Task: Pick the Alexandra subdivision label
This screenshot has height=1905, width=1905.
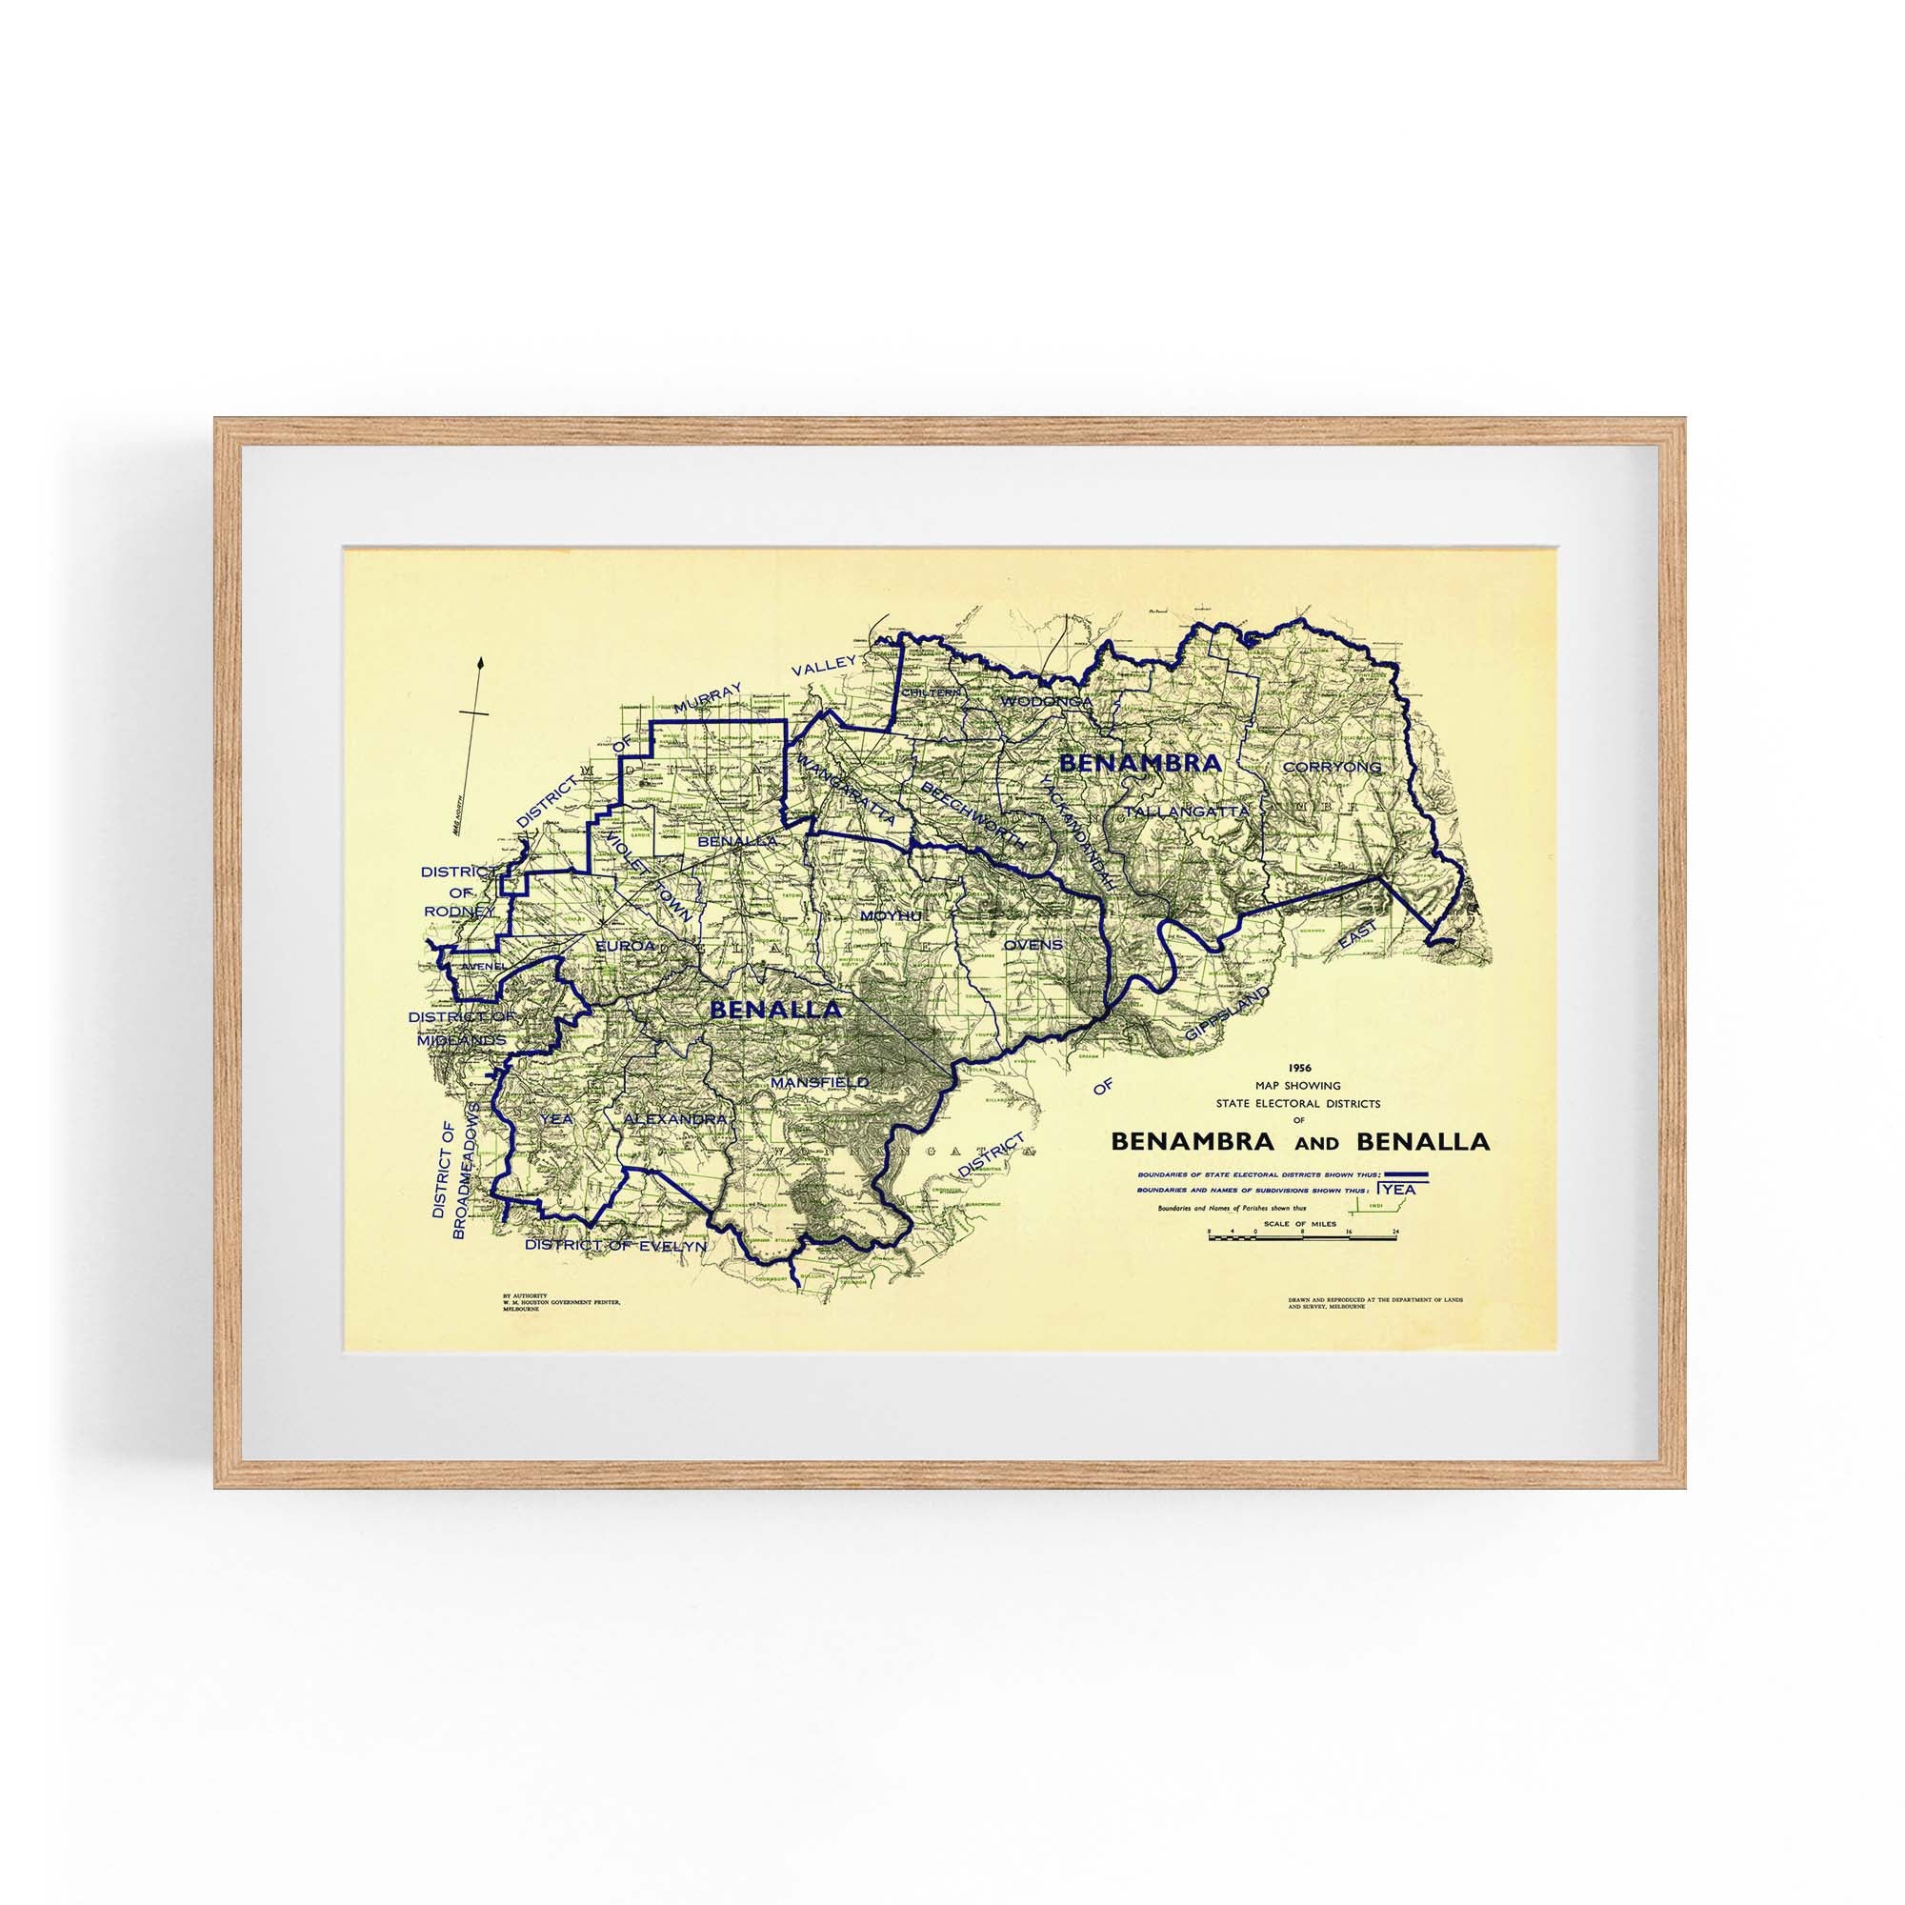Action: (676, 1120)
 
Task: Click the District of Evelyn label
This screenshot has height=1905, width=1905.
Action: (615, 1245)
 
